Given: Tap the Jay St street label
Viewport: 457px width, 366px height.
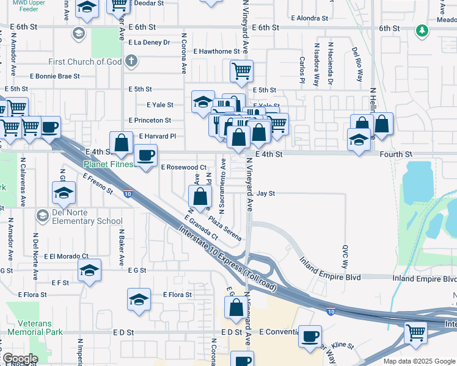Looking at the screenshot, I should pos(266,193).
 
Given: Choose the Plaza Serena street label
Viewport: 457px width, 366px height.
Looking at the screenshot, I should pos(224,227).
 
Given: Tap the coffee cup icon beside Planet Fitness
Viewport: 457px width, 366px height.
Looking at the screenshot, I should pos(145,156).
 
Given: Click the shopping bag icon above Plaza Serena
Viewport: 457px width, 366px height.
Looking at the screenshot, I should pos(200,197).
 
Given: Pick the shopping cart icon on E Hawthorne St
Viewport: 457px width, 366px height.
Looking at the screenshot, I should pos(242,71).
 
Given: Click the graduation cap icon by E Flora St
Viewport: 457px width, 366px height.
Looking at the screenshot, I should pos(139,300).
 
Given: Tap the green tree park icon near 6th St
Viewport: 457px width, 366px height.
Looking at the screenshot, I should pos(421,30).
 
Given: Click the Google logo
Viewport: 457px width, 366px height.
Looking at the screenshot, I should pos(20,359).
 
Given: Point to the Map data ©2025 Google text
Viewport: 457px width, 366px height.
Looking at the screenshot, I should pos(419,361).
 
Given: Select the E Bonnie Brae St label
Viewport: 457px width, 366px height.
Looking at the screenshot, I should pos(54,76).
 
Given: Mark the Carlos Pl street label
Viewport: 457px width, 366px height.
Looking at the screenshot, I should pos(302,71).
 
